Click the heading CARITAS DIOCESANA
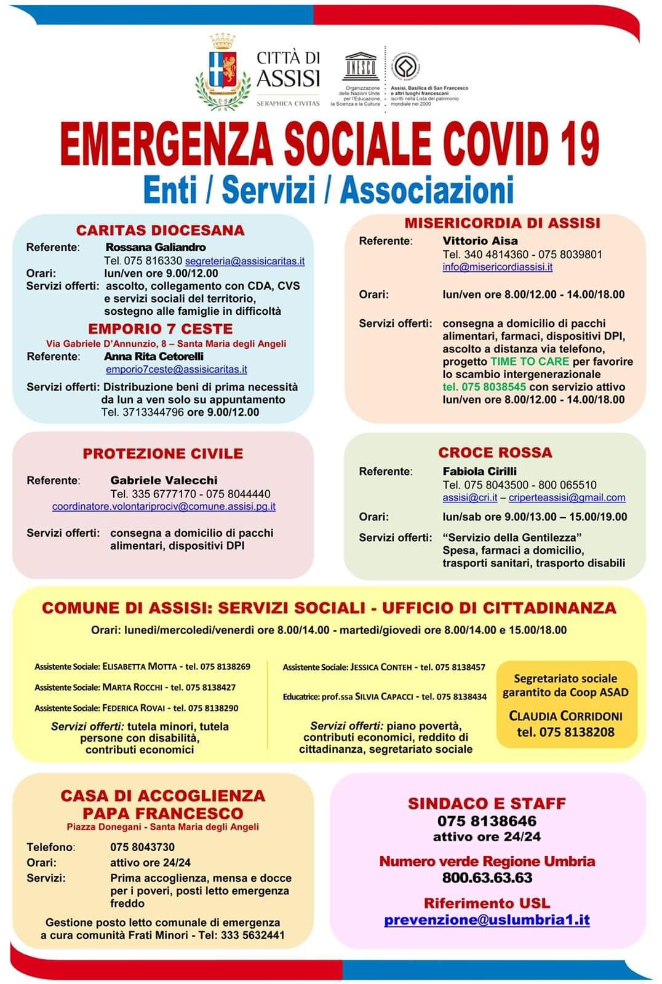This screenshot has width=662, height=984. (x=160, y=230)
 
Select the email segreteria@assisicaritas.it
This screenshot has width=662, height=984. (x=245, y=261)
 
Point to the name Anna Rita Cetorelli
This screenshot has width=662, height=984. (x=154, y=356)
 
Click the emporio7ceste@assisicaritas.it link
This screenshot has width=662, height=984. (x=177, y=369)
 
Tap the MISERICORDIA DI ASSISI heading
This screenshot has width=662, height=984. (x=501, y=223)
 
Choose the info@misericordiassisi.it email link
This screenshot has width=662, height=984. (x=497, y=267)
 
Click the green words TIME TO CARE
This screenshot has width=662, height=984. (x=530, y=362)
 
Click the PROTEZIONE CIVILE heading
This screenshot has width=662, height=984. (x=163, y=453)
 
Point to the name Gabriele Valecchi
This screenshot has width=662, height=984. (x=164, y=480)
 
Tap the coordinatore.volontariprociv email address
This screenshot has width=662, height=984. (x=164, y=507)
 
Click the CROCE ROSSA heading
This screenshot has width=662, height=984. (x=495, y=453)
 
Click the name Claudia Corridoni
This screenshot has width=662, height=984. (x=565, y=716)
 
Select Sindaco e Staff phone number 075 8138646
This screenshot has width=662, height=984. (x=487, y=820)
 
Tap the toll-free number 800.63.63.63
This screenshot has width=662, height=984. (x=487, y=877)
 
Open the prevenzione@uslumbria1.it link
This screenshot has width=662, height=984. (x=487, y=919)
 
